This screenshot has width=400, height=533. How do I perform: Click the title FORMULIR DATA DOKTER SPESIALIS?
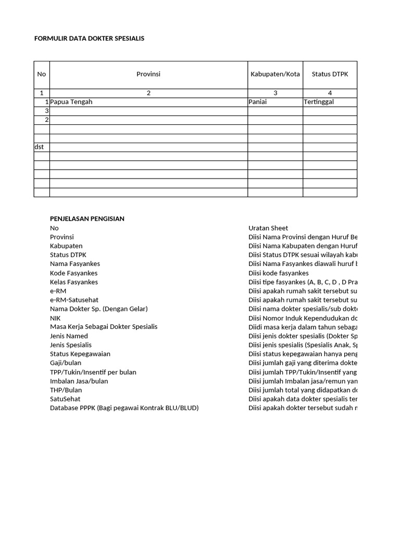coord(89,39)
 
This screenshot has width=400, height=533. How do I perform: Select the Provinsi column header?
coord(148,74)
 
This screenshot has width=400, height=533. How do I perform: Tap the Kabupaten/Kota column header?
coord(275,74)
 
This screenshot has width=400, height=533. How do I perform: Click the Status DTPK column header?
coord(330,74)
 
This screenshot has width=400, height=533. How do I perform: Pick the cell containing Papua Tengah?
coord(71,102)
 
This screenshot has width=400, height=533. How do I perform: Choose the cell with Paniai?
coord(258,102)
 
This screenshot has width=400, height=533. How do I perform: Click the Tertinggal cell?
coord(319,102)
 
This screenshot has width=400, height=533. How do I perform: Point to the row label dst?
coord(39,147)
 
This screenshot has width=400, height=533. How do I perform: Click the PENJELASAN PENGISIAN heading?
coord(87,219)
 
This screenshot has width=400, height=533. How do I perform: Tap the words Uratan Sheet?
coord(268,228)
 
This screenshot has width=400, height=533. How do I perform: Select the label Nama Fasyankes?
coord(75,264)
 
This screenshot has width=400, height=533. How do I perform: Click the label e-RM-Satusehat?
coord(74,300)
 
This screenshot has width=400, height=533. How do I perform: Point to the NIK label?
coord(56,318)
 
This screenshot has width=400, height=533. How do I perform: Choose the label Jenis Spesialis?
coord(71,345)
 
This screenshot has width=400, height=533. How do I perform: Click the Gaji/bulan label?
coord(66,363)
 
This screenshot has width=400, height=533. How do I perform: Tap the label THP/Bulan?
coord(66,390)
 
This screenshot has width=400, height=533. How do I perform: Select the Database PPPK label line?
coord(124,408)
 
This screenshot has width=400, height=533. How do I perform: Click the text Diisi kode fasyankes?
coord(279,273)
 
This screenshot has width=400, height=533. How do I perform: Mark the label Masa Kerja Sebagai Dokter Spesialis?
coord(104,326)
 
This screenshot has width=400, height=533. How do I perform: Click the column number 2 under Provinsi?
coord(148,93)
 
